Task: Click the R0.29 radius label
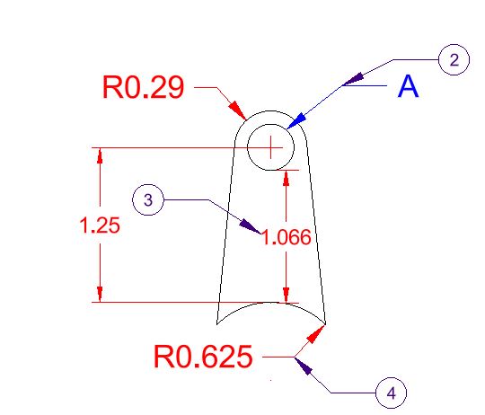[x=143, y=87]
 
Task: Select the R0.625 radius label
[x=203, y=357]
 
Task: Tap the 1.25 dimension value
[x=100, y=225]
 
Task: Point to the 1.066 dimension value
[x=287, y=237]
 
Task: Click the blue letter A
[x=408, y=86]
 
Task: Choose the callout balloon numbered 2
[x=454, y=59]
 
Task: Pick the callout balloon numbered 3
[x=148, y=199]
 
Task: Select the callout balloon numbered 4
[x=391, y=393]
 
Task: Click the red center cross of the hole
[x=270, y=147]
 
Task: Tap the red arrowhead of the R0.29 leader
[x=237, y=110]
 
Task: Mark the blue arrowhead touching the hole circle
[x=296, y=121]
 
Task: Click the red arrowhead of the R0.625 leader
[x=316, y=334]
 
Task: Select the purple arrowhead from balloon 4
[x=304, y=366]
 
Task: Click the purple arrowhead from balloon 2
[x=353, y=79]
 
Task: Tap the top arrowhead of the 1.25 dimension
[x=100, y=155]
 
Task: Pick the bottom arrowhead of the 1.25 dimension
[x=100, y=294]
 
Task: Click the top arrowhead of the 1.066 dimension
[x=287, y=178]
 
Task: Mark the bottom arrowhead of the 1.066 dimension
[x=287, y=296]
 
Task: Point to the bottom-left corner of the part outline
[x=216, y=324]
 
